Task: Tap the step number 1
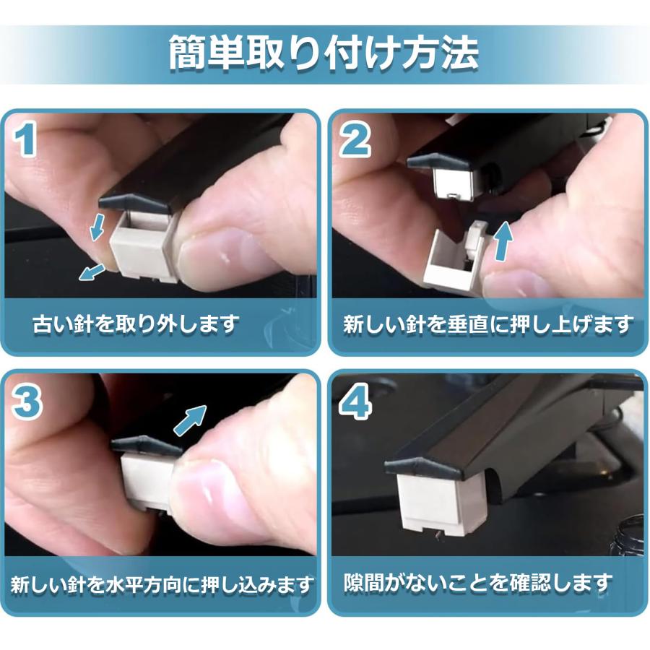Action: (27, 140)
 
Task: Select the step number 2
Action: (355, 140)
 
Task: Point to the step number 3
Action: (27, 404)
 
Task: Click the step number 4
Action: (355, 404)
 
